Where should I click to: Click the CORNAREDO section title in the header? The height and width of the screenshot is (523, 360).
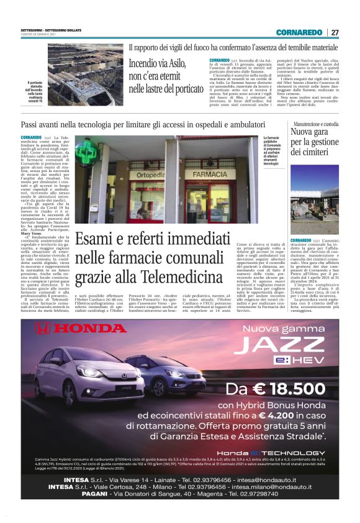[299, 32]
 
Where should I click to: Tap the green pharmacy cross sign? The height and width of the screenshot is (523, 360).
[87, 153]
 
